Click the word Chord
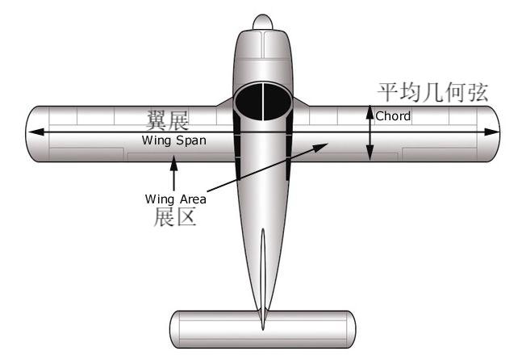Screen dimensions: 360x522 (393, 116)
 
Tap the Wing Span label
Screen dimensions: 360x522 (173, 140)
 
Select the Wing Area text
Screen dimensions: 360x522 (176, 199)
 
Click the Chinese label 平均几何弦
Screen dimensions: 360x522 (433, 91)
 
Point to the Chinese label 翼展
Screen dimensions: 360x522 (167, 122)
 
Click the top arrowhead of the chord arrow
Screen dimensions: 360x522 (370, 110)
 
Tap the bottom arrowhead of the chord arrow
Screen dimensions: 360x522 (370, 154)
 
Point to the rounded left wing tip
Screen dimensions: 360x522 (30, 133)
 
